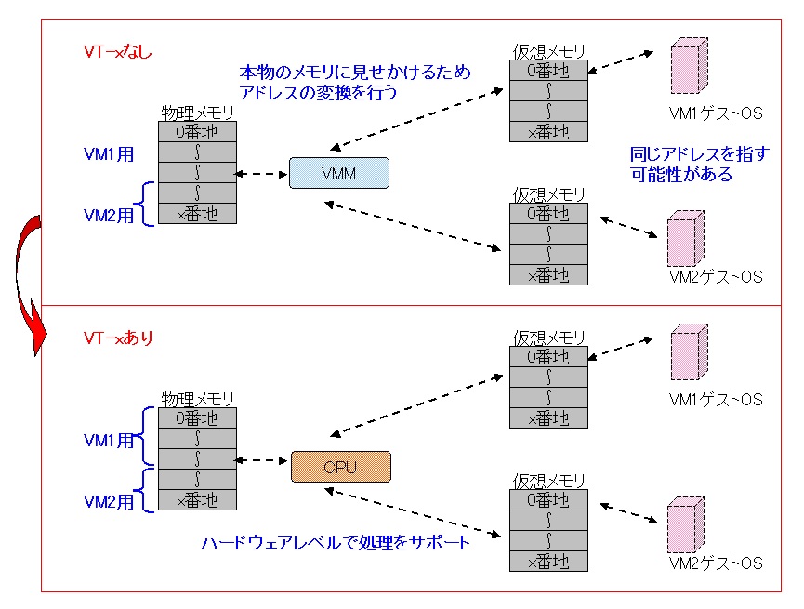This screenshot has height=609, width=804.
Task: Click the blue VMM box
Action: click(x=338, y=174)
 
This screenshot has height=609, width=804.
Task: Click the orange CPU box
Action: click(x=340, y=467)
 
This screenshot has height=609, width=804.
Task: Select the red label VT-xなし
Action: click(x=118, y=52)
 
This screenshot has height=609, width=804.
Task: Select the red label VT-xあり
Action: click(x=118, y=338)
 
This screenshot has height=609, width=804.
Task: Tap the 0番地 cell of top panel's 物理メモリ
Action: click(x=197, y=131)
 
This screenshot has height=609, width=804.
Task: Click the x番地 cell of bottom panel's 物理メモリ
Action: click(x=197, y=500)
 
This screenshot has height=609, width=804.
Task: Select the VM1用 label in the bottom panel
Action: click(x=110, y=440)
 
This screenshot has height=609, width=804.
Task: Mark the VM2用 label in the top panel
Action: click(x=110, y=215)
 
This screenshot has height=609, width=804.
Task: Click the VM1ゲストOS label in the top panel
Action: click(x=716, y=113)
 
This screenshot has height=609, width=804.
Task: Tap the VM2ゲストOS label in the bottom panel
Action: click(x=716, y=563)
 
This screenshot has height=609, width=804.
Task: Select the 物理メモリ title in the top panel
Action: click(x=197, y=113)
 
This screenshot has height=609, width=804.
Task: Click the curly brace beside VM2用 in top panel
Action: click(x=144, y=204)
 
